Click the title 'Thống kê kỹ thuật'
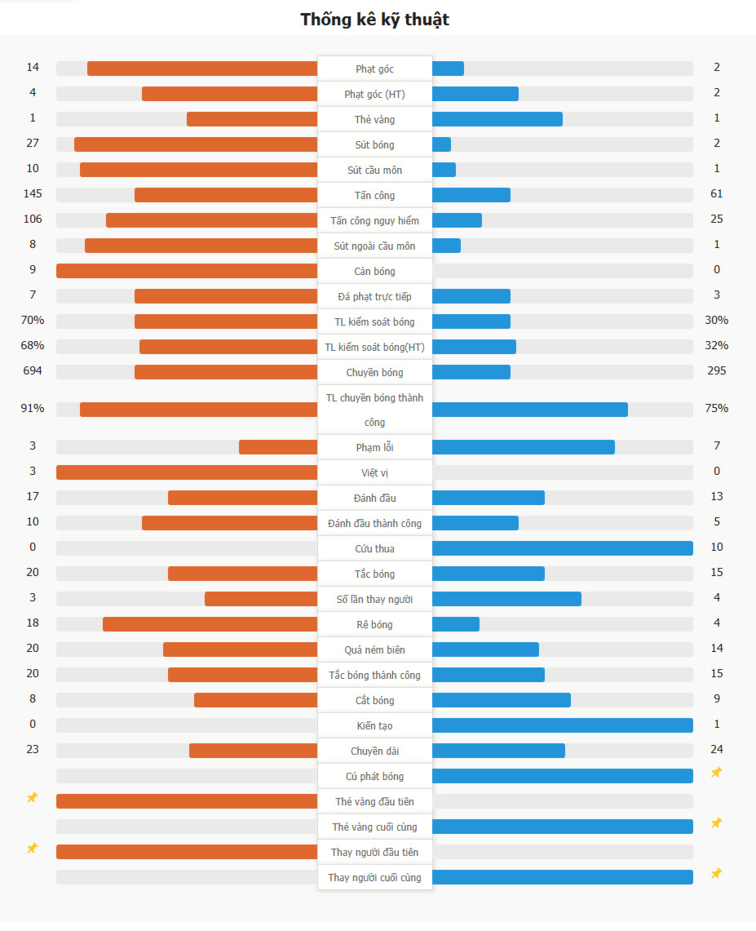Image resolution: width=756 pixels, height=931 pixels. (x=374, y=20)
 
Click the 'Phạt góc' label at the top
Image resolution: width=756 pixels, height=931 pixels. (x=374, y=69)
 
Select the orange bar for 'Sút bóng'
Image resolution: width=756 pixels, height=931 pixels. (x=196, y=144)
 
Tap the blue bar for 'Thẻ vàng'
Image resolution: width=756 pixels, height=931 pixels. (x=497, y=119)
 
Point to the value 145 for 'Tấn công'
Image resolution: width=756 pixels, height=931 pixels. (x=33, y=194)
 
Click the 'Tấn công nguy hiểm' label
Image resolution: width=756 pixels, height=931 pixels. (x=374, y=220)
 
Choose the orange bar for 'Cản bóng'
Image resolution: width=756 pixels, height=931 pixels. (x=187, y=271)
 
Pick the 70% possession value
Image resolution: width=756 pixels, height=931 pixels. (x=33, y=321)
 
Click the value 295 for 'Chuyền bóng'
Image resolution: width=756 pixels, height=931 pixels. (x=717, y=371)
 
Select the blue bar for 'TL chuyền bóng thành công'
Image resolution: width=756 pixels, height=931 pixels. (x=529, y=410)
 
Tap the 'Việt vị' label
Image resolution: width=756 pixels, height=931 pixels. (x=374, y=472)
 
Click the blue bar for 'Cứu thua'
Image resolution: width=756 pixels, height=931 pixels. (x=562, y=548)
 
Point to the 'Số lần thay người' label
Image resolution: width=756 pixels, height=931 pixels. (x=374, y=599)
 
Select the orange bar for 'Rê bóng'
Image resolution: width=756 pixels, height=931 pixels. (x=210, y=624)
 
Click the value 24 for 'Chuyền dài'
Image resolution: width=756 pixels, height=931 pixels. (x=717, y=749)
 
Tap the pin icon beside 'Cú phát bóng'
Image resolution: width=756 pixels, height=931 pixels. (x=716, y=773)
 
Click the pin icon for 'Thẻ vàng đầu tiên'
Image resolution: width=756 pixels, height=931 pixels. (x=33, y=798)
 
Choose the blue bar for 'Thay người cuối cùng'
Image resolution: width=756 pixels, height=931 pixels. (x=562, y=877)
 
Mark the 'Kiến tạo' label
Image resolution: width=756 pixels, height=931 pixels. (x=374, y=725)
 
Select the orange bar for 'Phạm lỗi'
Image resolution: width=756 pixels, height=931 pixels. (x=278, y=447)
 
